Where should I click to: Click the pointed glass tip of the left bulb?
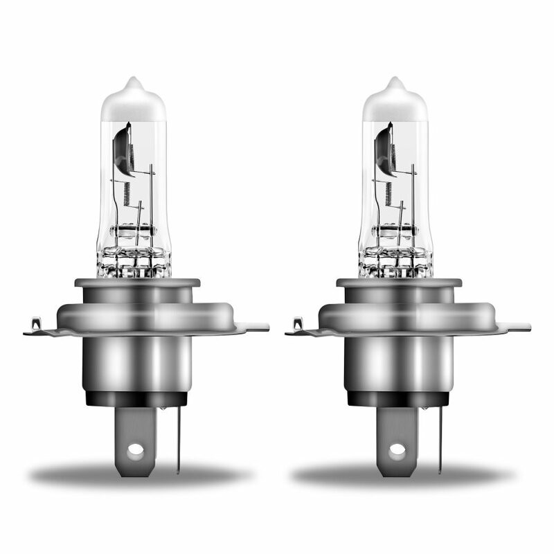point(133,82)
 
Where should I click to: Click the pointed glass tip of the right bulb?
point(395,82)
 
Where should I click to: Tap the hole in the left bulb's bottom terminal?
point(136,449)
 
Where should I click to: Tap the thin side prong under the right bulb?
point(438,436)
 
